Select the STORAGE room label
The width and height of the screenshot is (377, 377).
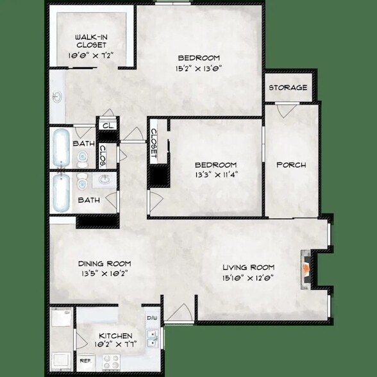pos(288,87)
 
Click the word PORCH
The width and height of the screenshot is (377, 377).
pos(291,165)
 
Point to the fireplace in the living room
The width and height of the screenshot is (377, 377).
pos(308,267)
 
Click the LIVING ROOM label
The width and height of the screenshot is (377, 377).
pos(249,267)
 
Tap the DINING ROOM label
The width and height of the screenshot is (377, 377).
pos(105,264)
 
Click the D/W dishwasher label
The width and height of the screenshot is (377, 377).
pos(151,317)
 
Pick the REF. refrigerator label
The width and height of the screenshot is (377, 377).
pos(84,361)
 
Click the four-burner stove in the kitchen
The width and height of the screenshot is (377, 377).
pos(62,319)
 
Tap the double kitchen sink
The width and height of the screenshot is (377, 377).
pos(153,337)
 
